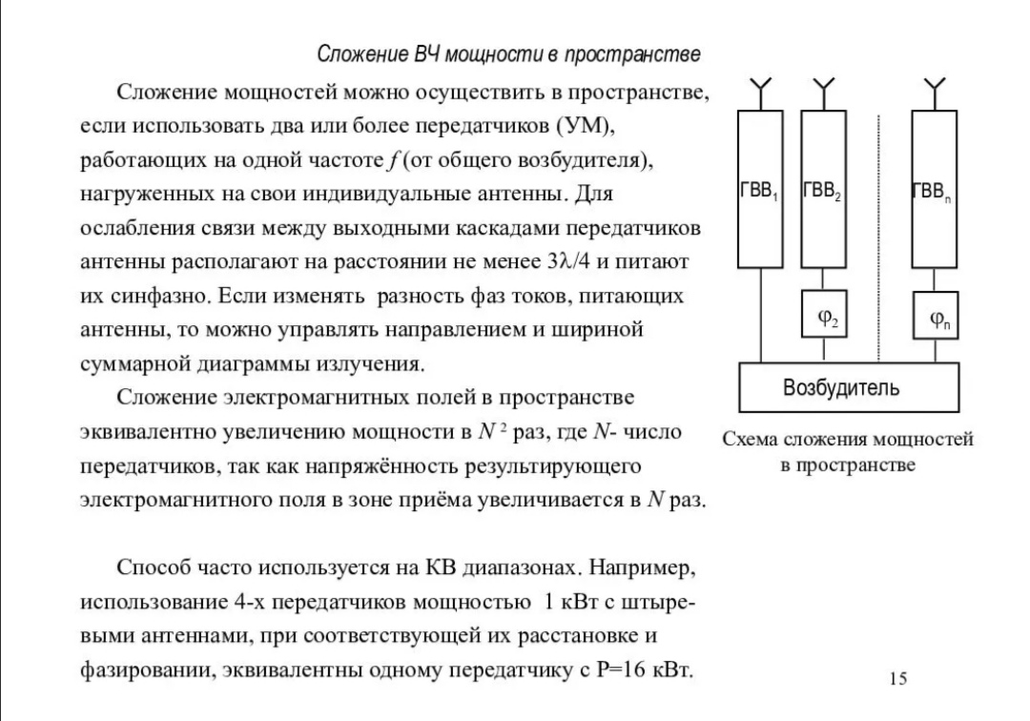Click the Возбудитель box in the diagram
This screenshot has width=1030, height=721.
[840, 387]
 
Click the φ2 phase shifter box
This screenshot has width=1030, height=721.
[822, 314]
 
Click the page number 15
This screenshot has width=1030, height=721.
[897, 678]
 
